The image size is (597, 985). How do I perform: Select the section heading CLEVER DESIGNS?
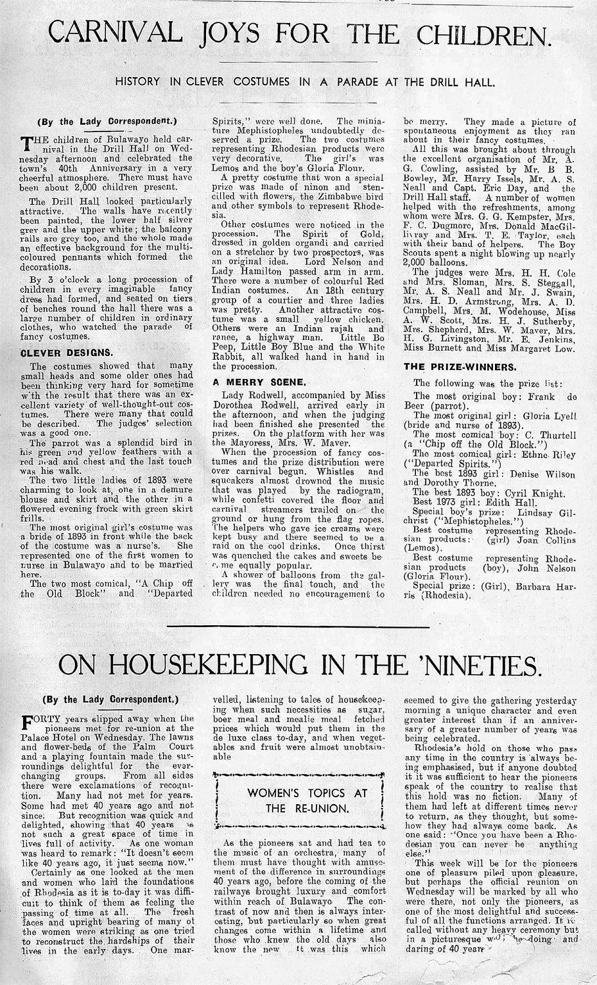coord(67,352)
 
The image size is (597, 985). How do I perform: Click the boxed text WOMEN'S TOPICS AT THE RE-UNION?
coord(298,800)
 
